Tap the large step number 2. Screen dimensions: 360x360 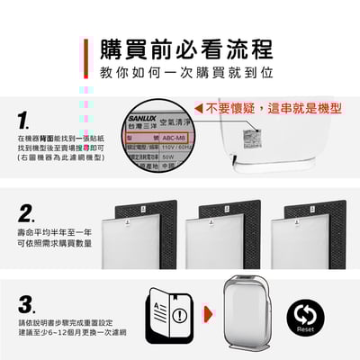point(28,214)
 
